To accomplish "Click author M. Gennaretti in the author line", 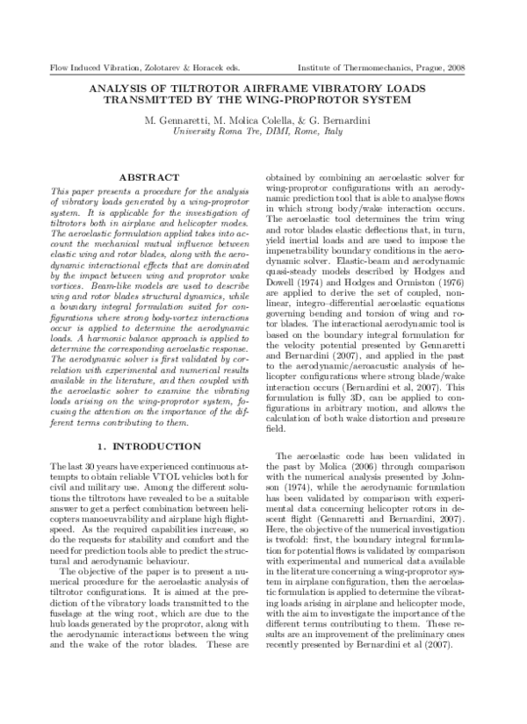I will click(x=177, y=118).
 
